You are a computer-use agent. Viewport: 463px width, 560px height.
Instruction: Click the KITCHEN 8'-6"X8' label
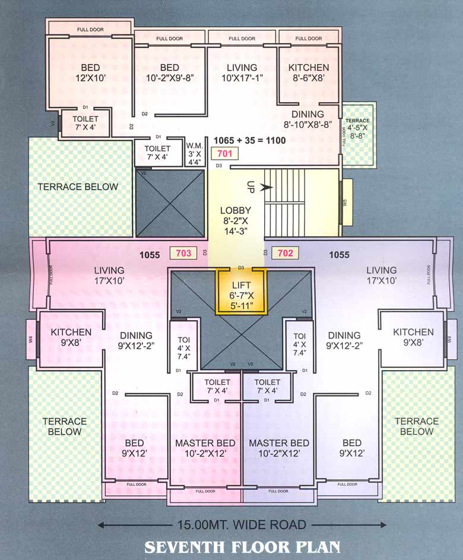pyautogui.click(x=308, y=72)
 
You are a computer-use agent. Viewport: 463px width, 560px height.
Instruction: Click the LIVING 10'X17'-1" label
pyautogui.click(x=242, y=72)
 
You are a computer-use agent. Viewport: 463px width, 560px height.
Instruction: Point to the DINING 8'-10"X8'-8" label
pyautogui.click(x=307, y=119)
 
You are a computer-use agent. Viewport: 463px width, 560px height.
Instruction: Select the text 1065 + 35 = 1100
pyautogui.click(x=250, y=141)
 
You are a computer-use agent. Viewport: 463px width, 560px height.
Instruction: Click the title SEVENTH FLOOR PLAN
pyautogui.click(x=243, y=546)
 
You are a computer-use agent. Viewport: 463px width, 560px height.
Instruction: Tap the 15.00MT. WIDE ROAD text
pyautogui.click(x=242, y=525)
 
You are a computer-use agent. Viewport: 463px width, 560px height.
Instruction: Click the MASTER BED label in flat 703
pyautogui.click(x=205, y=448)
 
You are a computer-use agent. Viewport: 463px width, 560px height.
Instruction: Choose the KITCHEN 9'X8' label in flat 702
pyautogui.click(x=413, y=337)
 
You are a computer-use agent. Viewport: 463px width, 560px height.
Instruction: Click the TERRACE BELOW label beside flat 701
pyautogui.click(x=78, y=186)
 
